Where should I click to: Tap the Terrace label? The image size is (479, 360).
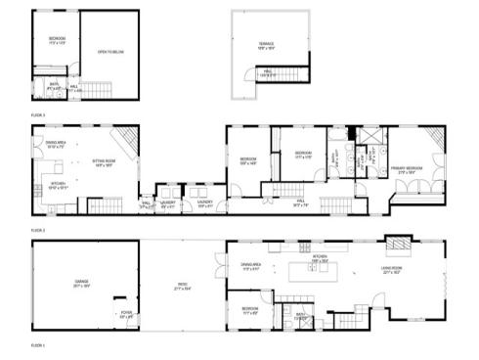tap(266, 44)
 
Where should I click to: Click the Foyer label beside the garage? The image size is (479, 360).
tap(125, 316)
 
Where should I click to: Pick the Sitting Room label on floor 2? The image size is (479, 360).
tap(106, 164)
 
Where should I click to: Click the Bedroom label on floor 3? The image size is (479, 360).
tap(57, 40)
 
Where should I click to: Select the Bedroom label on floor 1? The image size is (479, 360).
tap(250, 311)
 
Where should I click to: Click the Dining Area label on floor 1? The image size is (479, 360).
tap(251, 265)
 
